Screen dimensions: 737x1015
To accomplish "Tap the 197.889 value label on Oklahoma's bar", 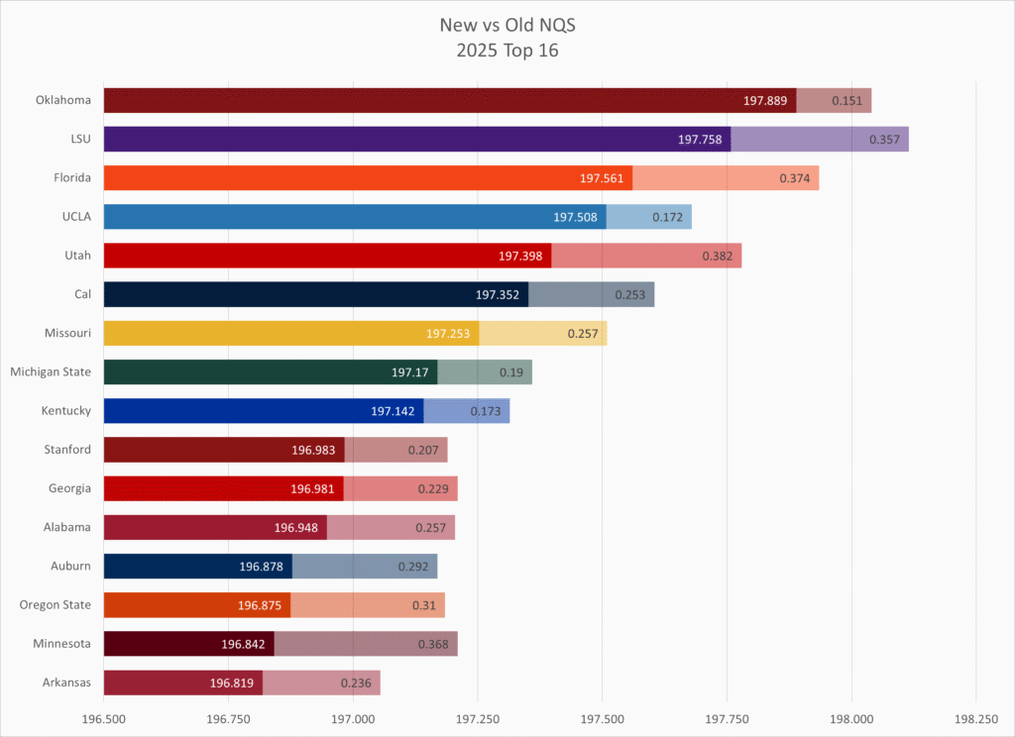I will coord(765,100).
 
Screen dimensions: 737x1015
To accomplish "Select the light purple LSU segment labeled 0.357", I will coord(820,139).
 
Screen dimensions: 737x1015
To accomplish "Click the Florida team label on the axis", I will coord(67,177).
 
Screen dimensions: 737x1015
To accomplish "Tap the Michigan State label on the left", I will coord(51,371).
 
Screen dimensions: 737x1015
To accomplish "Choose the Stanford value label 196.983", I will coord(313,450).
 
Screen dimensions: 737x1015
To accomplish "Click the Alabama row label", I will coord(65,527).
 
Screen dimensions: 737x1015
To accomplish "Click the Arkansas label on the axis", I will coord(65,683).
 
